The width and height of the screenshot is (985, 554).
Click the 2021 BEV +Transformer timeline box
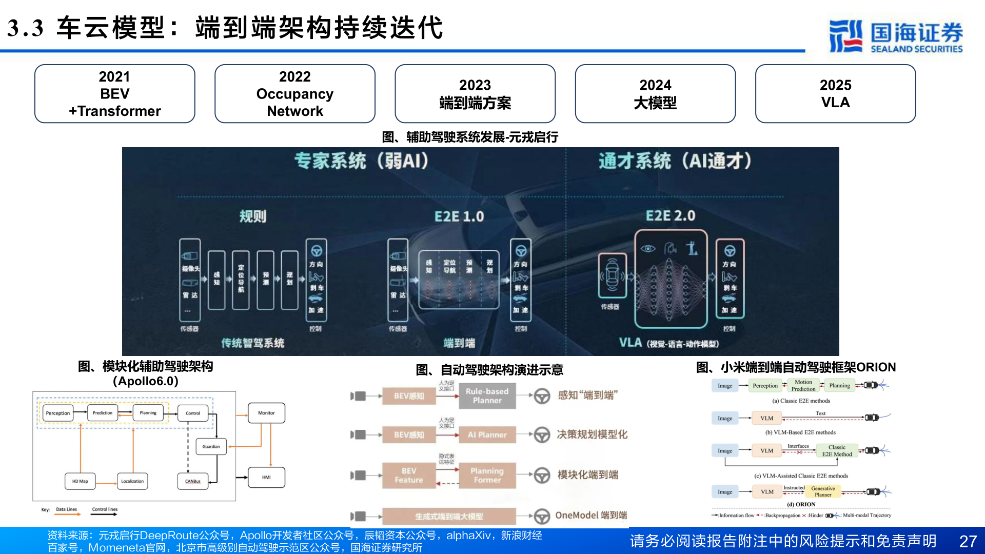pos(114,94)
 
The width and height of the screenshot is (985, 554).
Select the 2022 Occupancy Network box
pos(294,94)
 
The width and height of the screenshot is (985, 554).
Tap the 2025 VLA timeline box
pos(835,94)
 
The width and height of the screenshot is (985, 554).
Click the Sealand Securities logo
pos(896,36)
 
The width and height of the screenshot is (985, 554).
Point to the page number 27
pos(968,541)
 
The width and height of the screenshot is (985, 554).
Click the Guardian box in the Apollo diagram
pos(211,446)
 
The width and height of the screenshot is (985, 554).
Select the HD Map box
pos(80,481)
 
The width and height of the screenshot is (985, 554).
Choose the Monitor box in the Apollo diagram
pos(266,413)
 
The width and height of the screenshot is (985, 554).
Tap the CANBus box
pos(193,481)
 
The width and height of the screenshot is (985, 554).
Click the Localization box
pos(132,481)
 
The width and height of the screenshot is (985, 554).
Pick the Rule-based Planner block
pos(487,395)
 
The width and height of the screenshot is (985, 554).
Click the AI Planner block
pos(487,435)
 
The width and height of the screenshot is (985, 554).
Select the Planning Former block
pos(487,475)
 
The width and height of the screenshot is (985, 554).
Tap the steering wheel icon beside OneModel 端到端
pos(542,516)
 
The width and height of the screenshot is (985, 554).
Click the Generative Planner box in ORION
pos(823,491)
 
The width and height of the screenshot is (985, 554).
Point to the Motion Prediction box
pos(803,385)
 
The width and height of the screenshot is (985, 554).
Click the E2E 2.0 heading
pos(670,216)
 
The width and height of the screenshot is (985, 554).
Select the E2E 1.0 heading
pos(459,216)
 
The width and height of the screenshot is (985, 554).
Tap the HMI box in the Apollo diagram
pos(266,477)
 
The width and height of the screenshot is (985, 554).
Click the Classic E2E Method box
pos(837,450)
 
